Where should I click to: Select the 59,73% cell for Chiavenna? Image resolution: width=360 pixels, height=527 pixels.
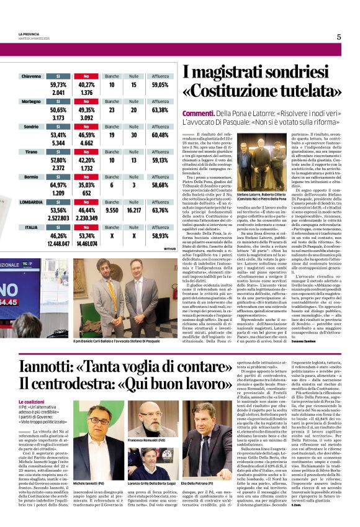[x=58, y=84]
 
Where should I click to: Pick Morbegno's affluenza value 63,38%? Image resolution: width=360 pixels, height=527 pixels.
[x=160, y=109]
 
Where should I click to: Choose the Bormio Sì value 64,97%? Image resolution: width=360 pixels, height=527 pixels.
[x=58, y=185]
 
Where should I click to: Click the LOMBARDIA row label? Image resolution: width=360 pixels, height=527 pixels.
[x=31, y=202]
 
